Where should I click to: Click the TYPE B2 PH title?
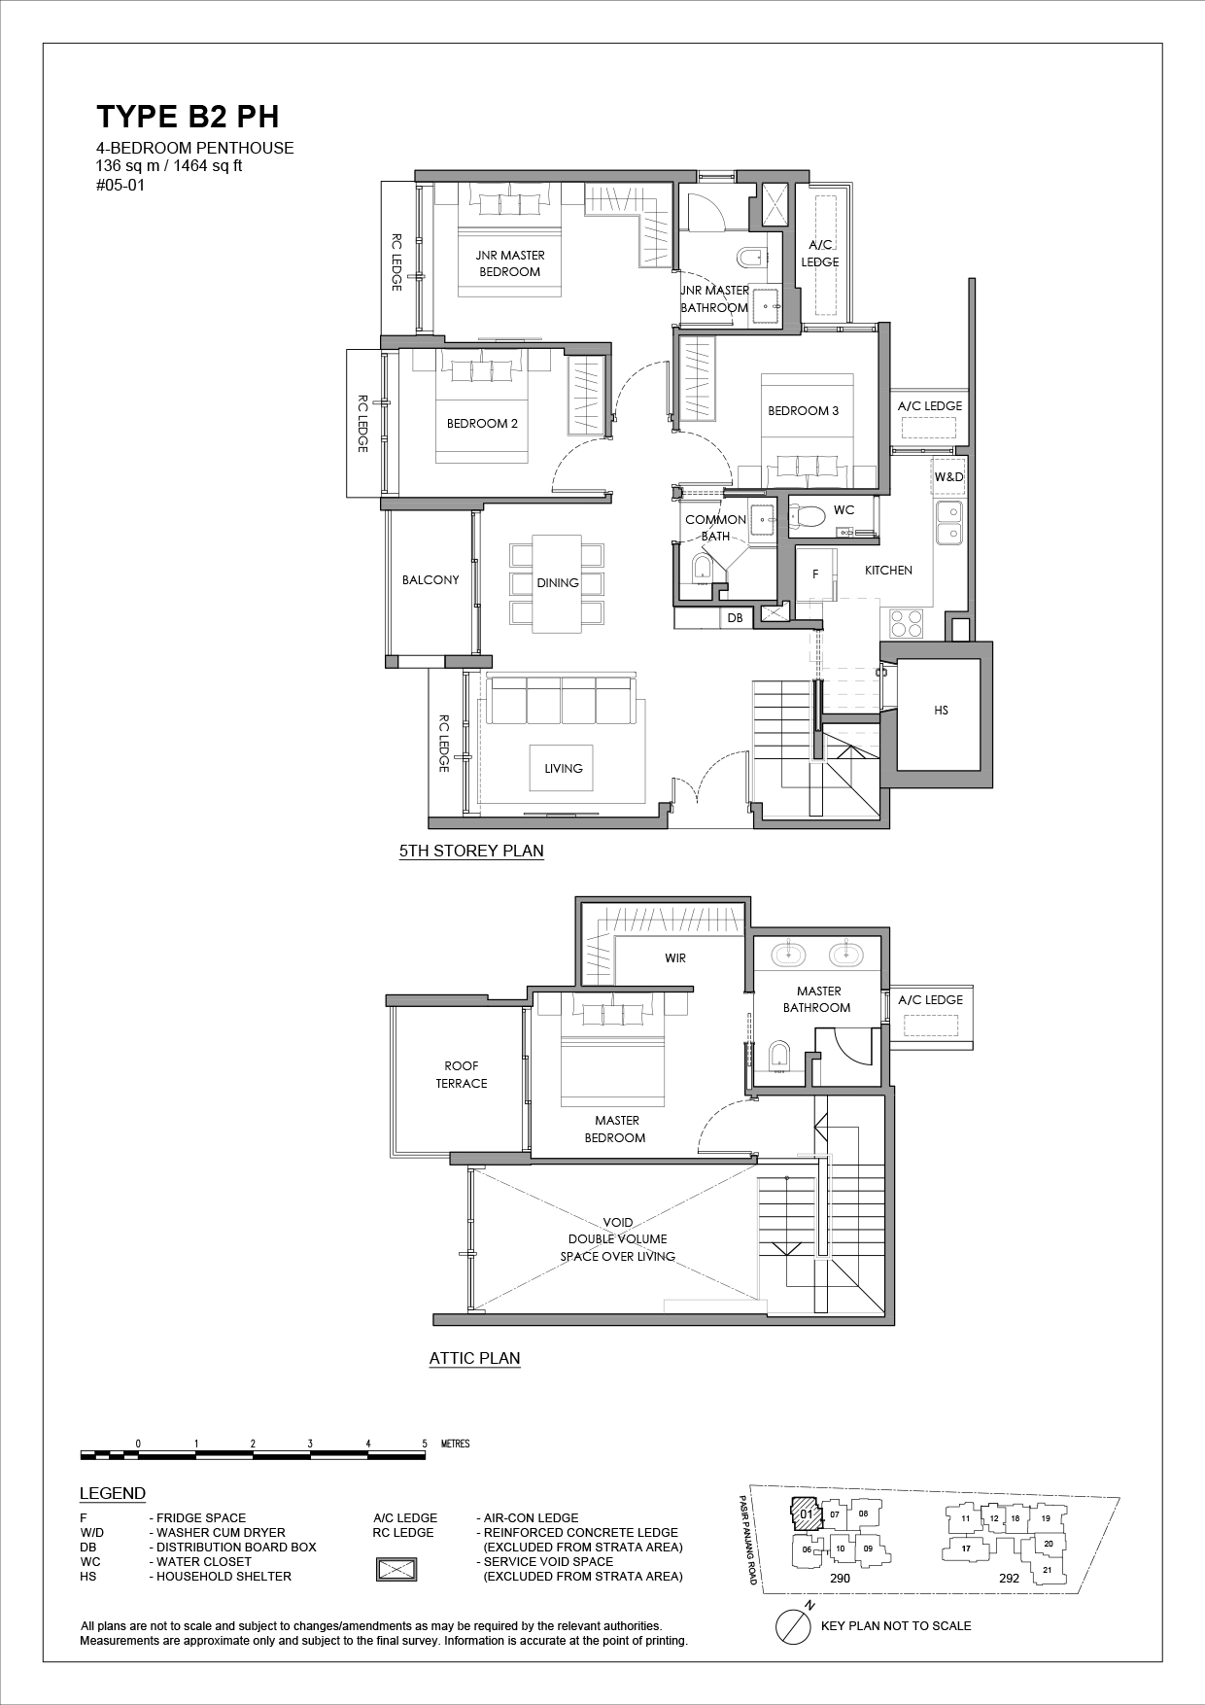[x=188, y=117]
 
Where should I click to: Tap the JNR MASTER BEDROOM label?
[x=510, y=263]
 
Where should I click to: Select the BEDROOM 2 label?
[x=482, y=424]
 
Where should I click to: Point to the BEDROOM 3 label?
[x=803, y=411]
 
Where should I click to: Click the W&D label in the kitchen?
[x=948, y=477]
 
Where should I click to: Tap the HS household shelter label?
[x=941, y=711]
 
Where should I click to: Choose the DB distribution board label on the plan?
[x=735, y=617]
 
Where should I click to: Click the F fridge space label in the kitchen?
[x=815, y=574]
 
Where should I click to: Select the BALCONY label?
[x=430, y=580]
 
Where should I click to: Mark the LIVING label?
[x=564, y=768]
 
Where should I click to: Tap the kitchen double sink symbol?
[x=949, y=522]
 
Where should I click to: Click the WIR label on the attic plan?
[x=675, y=957]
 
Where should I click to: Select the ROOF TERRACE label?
[x=462, y=1074]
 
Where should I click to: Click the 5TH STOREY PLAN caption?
[x=471, y=852]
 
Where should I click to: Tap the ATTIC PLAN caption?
[x=474, y=1359]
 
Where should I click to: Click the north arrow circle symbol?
[x=794, y=1625]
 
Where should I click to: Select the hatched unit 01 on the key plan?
[x=806, y=1514]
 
